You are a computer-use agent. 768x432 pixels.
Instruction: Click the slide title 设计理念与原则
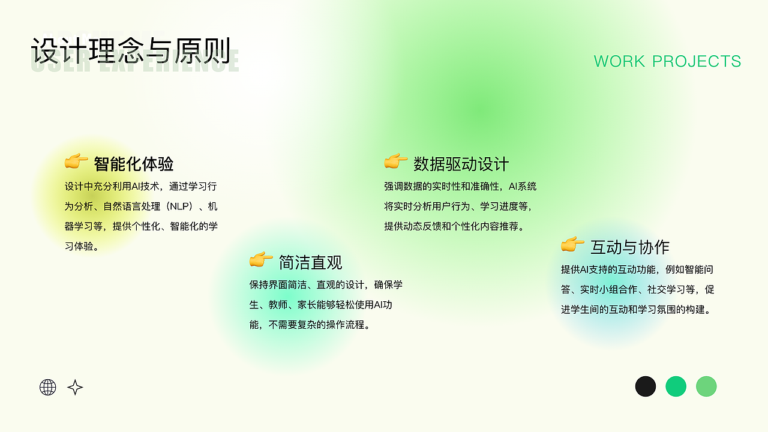(x=131, y=52)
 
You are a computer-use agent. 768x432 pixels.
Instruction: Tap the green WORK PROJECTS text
(x=667, y=61)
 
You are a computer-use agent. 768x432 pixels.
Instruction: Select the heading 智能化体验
(x=134, y=164)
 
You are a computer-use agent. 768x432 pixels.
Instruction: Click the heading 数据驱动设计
(x=461, y=164)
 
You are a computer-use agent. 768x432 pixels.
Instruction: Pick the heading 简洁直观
(x=310, y=262)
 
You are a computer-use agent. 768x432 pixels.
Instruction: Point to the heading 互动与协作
(x=629, y=247)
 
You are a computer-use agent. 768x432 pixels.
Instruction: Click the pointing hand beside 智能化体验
(x=76, y=161)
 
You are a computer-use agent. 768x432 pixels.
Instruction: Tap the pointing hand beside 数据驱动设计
(x=396, y=161)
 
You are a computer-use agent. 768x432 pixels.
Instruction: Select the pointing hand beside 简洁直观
(x=261, y=260)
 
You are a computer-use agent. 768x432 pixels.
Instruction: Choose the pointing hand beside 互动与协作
(x=572, y=245)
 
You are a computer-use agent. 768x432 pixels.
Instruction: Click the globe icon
(x=48, y=387)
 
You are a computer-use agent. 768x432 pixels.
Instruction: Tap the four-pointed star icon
(x=75, y=387)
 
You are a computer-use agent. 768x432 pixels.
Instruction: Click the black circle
(x=646, y=386)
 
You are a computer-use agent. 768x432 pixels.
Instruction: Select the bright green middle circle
(x=676, y=386)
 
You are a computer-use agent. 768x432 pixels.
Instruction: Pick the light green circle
(x=706, y=386)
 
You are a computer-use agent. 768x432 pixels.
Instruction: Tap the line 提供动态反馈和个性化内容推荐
(x=455, y=226)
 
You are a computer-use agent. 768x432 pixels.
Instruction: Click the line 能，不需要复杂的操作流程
(x=310, y=325)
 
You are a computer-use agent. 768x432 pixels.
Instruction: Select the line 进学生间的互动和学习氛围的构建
(x=636, y=310)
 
